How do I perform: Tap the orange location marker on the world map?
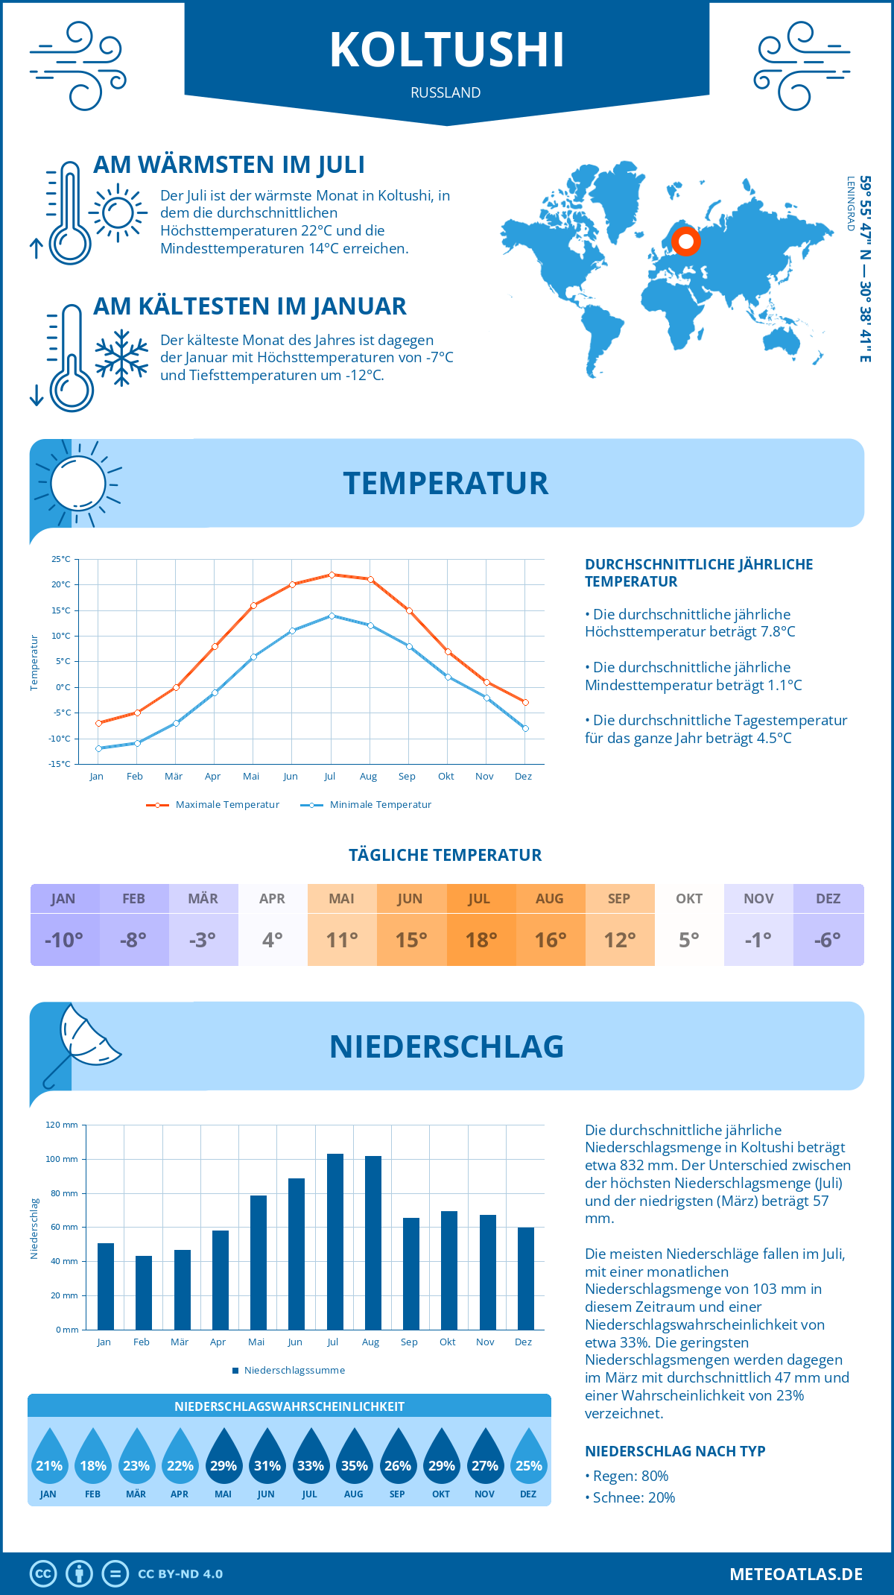pos(686,241)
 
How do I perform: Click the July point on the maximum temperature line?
pos(332,575)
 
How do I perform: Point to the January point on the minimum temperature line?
pos(98,748)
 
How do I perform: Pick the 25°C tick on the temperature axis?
pos(61,559)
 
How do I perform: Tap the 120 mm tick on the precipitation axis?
pos(62,1125)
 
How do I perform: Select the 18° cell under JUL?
pos(481,940)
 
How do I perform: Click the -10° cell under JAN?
pos(64,940)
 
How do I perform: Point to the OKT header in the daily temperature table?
pos(689,899)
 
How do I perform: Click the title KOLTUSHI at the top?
pos(447,51)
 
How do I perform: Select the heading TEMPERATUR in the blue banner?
pos(446,483)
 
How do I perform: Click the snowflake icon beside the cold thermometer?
pos(121,358)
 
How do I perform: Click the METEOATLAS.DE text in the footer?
pos(796,1574)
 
